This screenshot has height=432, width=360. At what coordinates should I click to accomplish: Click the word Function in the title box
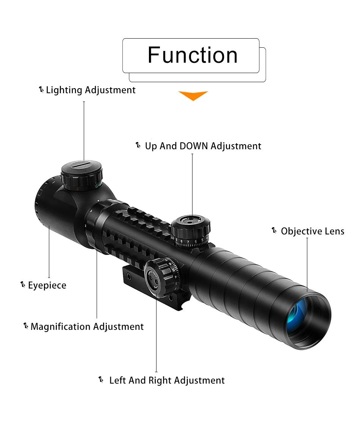pyautogui.click(x=193, y=55)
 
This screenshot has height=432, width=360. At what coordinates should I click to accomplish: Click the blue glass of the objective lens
pyautogui.click(x=297, y=311)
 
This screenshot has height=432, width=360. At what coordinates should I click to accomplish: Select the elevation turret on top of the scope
pyautogui.click(x=191, y=228)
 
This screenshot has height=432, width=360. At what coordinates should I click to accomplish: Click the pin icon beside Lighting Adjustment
pyautogui.click(x=41, y=89)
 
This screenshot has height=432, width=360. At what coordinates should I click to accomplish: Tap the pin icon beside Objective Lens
pyautogui.click(x=274, y=230)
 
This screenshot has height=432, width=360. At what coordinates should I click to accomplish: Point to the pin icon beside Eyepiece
pyautogui.click(x=23, y=285)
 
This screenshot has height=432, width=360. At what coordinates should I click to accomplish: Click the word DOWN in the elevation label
pyautogui.click(x=194, y=146)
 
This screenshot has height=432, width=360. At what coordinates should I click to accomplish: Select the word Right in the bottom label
pyautogui.click(x=160, y=381)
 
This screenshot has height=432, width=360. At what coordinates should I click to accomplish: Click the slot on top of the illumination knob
pyautogui.click(x=81, y=165)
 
